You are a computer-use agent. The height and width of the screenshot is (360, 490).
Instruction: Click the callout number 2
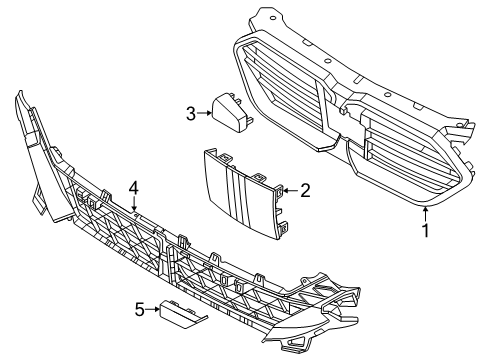[x=306, y=188]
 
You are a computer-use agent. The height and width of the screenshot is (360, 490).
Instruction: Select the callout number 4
[x=133, y=186]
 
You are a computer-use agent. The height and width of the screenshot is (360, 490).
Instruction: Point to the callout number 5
[x=140, y=310]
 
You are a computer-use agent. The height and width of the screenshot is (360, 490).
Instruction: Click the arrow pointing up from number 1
[x=426, y=211]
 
